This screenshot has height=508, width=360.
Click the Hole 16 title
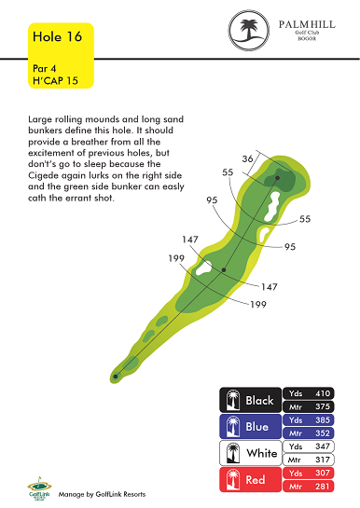point(57,36)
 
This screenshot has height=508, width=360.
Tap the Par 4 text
point(45,68)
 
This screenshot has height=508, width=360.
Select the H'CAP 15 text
point(55,80)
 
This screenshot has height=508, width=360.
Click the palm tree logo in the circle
point(249,30)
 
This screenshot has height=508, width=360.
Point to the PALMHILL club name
point(307,24)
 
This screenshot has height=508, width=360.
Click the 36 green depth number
point(247,158)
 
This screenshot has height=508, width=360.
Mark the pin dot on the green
point(277,178)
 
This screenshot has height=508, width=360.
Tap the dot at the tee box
point(116,377)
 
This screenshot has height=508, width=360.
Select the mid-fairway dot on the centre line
point(224,269)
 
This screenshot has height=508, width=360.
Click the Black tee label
point(259,401)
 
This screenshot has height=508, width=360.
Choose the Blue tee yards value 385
point(323,419)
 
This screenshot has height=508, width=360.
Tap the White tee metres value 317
point(323,460)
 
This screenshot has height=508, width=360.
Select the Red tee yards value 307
point(323,473)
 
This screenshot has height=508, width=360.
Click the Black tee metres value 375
point(323,406)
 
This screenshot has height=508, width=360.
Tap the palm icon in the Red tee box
point(233,479)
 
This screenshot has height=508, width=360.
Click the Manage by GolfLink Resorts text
point(102,494)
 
